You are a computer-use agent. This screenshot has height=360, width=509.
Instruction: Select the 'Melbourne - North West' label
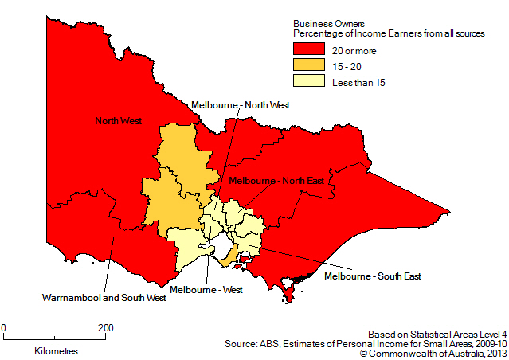coord(240,104)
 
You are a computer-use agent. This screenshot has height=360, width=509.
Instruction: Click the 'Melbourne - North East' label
coord(276,181)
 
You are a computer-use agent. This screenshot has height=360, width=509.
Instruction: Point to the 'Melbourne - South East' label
coord(373,276)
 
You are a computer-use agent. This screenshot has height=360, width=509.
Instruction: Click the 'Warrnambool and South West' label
coord(104,298)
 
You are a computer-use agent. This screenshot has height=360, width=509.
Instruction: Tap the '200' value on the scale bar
coord(105,327)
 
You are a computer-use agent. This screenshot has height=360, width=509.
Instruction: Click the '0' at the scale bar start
coord(4,327)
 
